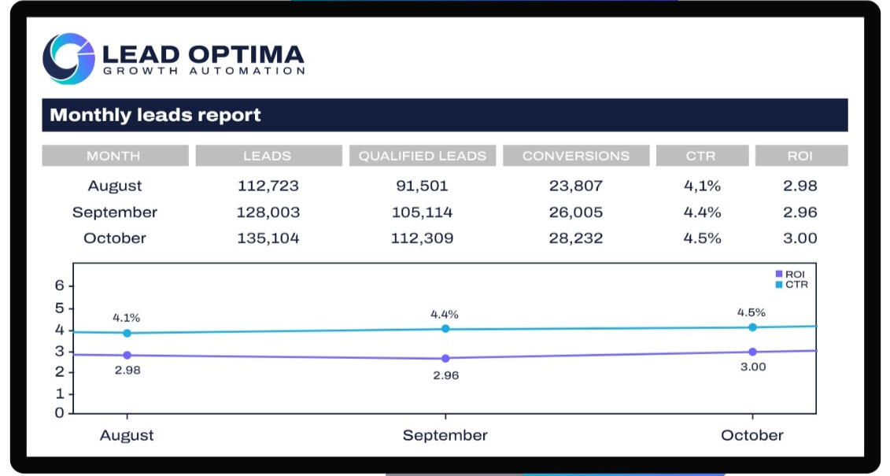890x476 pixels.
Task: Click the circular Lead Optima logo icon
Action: click(x=68, y=58)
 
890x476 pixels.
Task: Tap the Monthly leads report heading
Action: click(x=155, y=115)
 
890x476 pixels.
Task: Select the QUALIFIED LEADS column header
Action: click(x=423, y=156)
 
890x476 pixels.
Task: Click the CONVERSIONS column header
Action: click(x=576, y=156)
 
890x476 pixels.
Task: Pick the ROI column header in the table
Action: click(x=800, y=156)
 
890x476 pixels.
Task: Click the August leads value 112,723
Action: click(x=268, y=186)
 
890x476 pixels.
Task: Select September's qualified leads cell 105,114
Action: click(x=422, y=212)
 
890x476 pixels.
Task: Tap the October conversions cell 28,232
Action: click(x=576, y=238)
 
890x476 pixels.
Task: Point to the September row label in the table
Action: click(x=115, y=212)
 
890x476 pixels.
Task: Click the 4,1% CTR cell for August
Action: click(x=702, y=186)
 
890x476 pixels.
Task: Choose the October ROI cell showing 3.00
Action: click(x=801, y=238)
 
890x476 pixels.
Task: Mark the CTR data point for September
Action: click(x=445, y=329)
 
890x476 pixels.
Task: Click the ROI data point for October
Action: click(x=752, y=352)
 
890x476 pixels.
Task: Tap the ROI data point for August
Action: click(x=127, y=355)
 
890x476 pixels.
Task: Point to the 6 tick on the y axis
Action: click(x=59, y=286)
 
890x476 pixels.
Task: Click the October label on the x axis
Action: click(x=752, y=435)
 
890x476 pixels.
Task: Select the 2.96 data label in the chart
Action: click(x=445, y=375)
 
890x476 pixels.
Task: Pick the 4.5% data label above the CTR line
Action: click(x=752, y=312)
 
